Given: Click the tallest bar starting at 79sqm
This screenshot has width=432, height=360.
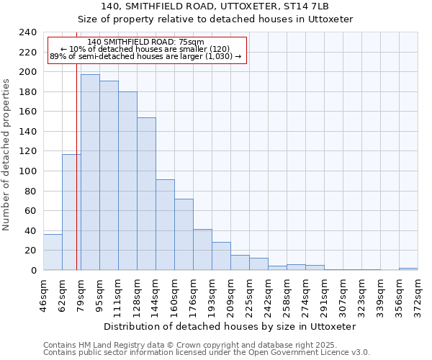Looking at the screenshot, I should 90,173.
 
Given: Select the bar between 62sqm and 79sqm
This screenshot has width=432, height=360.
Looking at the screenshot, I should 71,212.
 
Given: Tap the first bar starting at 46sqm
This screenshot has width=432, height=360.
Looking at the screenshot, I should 53,252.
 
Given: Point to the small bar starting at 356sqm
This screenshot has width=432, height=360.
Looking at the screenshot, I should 408,269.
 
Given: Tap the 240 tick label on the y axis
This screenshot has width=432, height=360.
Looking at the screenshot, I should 28,32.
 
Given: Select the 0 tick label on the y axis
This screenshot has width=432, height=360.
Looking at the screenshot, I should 34,270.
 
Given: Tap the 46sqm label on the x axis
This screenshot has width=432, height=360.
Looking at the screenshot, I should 43,292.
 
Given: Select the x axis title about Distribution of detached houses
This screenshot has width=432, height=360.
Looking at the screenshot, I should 230,326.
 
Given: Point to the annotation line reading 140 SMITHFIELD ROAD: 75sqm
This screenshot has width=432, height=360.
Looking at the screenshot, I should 146,42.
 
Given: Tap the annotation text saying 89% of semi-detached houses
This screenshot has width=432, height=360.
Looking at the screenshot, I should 146,56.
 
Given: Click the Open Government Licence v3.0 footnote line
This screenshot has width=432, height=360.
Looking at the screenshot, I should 206,353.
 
